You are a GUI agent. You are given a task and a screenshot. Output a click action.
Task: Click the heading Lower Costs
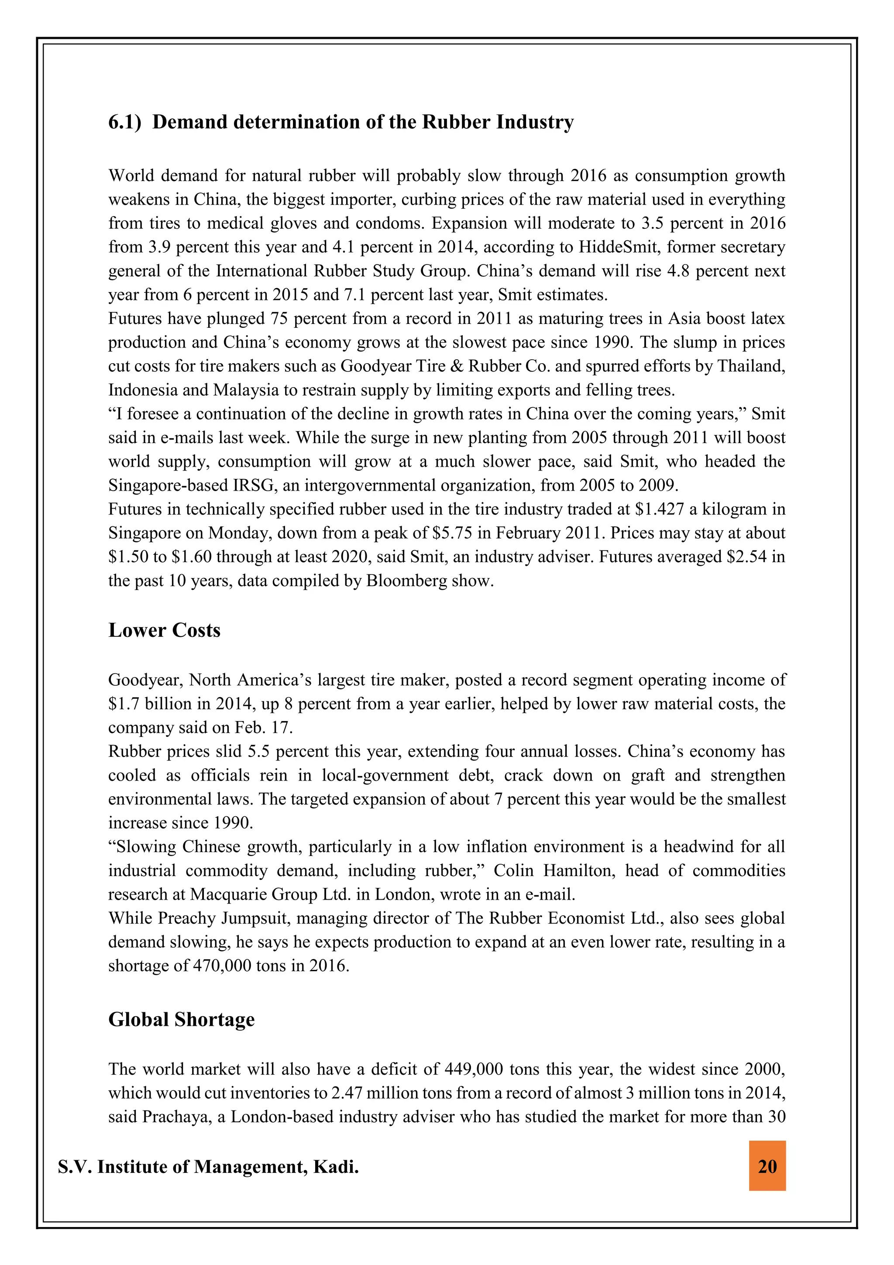tap(164, 630)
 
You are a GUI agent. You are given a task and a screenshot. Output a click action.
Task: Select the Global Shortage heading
tap(181, 1019)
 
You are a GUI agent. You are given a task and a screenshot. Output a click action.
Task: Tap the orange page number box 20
tap(767, 1166)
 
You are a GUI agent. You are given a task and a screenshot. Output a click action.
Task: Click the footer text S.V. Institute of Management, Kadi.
tap(208, 1166)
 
